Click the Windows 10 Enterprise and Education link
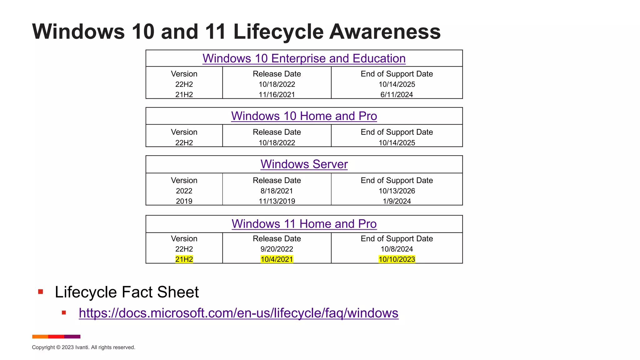click(304, 58)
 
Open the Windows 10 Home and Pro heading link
click(304, 116)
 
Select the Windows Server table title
click(304, 164)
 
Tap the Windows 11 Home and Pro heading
click(304, 224)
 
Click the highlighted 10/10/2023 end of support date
click(397, 259)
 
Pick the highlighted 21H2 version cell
click(184, 259)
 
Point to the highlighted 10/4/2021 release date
click(277, 259)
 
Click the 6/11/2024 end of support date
click(397, 94)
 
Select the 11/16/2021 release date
click(277, 94)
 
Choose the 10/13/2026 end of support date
click(397, 191)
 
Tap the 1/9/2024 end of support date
click(397, 201)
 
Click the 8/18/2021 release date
click(277, 191)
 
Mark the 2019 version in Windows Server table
click(184, 201)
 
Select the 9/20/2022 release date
click(277, 249)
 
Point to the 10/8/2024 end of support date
click(397, 249)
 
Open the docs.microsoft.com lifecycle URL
click(238, 313)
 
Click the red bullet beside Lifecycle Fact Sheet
click(40, 292)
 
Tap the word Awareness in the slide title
click(385, 32)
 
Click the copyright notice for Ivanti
click(83, 347)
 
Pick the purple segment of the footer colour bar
click(72, 337)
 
